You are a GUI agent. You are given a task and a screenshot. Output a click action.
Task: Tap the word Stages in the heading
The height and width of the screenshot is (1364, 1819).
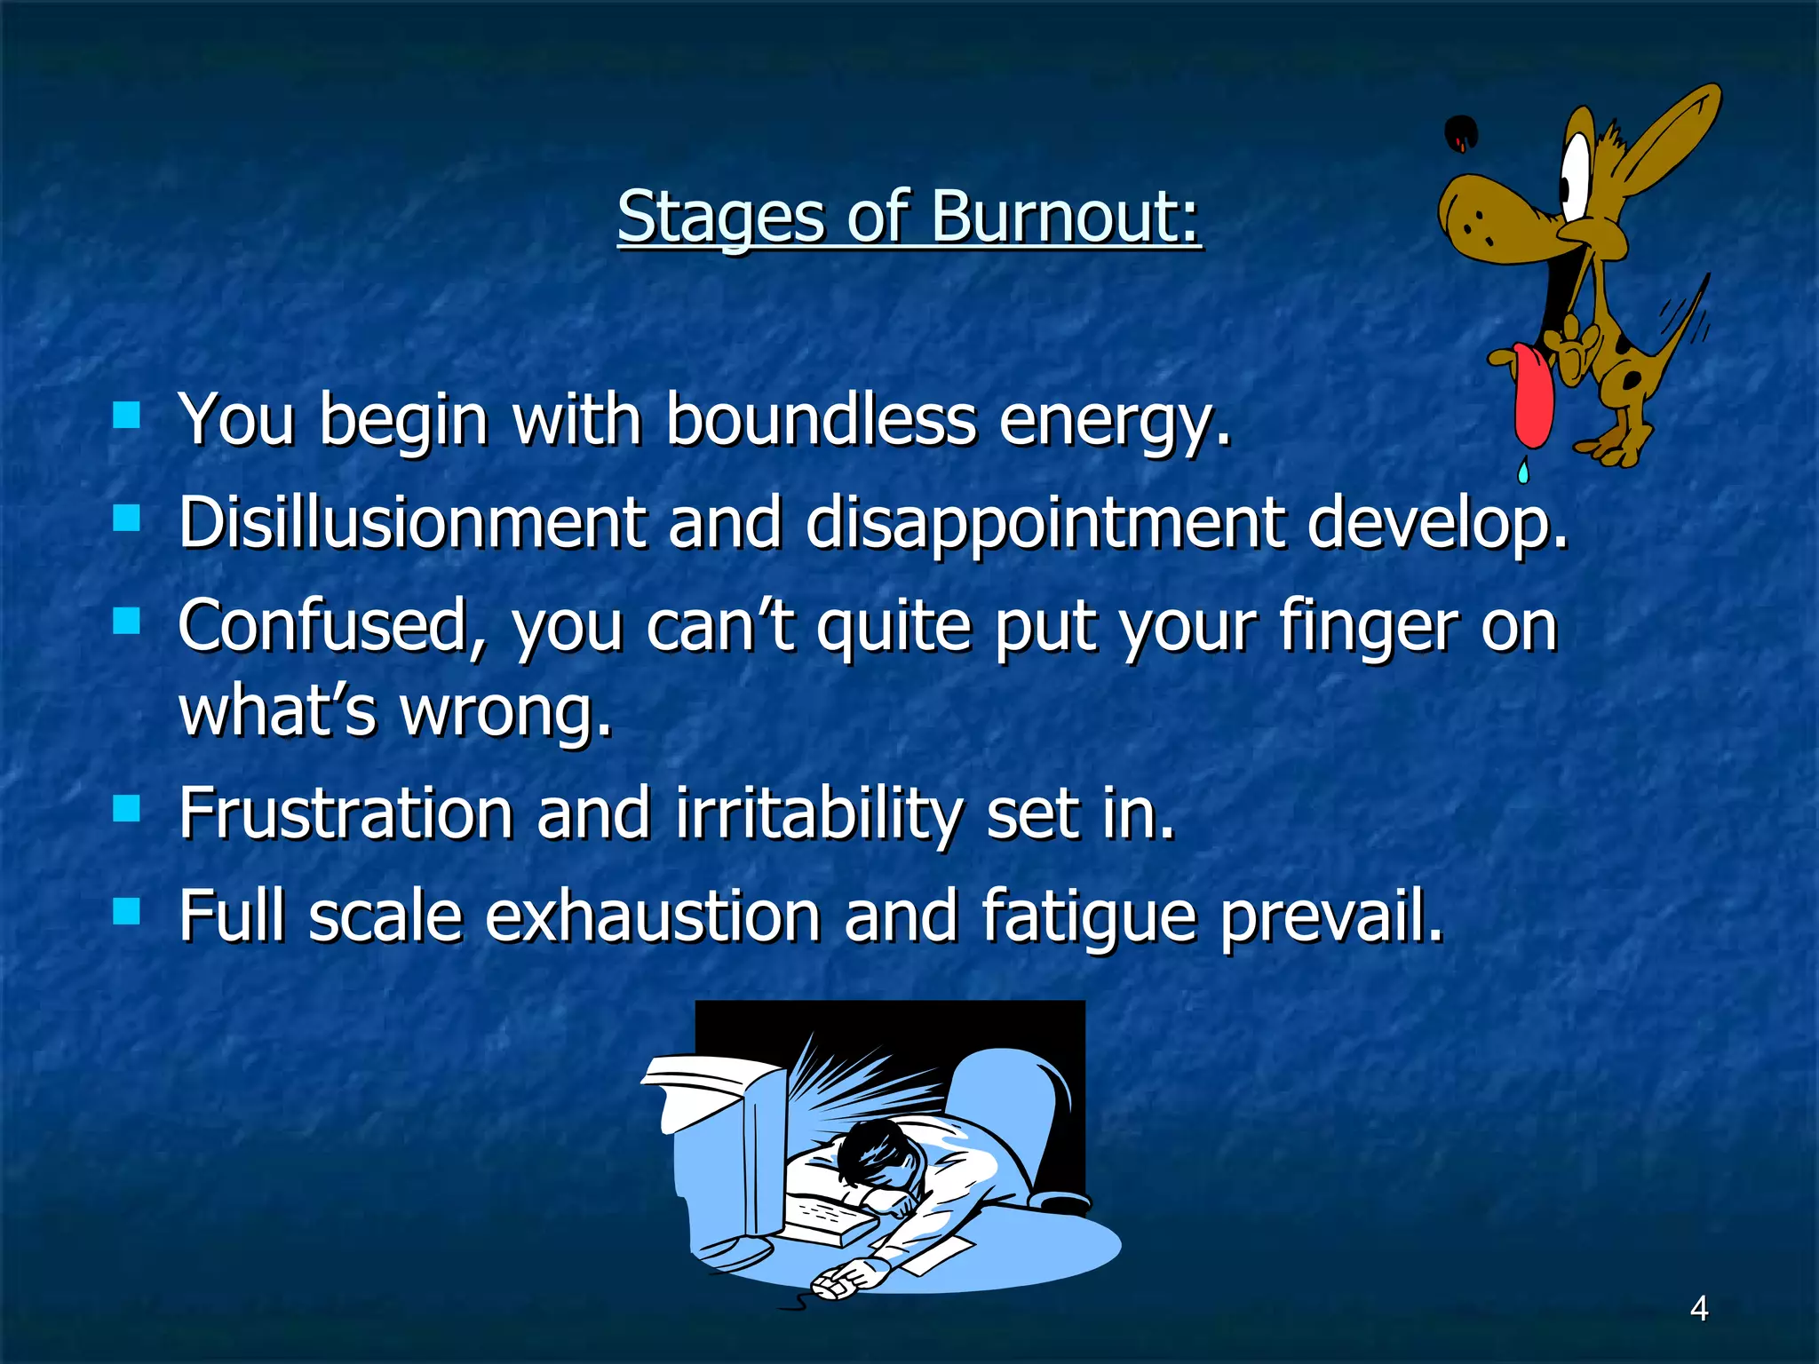click(x=721, y=218)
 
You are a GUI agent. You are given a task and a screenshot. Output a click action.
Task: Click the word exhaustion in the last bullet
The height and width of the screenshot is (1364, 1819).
click(x=653, y=916)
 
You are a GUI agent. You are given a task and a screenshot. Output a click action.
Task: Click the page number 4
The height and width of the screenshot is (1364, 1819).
click(x=1699, y=1308)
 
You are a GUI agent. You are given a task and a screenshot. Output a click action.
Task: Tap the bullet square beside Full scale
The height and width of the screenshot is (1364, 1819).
click(x=127, y=910)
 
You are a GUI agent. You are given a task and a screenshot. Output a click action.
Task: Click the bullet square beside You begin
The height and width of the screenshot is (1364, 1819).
click(x=127, y=415)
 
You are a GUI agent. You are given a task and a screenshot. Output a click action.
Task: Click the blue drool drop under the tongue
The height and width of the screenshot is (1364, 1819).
click(x=1524, y=470)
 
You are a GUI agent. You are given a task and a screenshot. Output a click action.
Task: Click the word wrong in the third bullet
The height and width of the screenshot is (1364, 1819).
click(x=506, y=712)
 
